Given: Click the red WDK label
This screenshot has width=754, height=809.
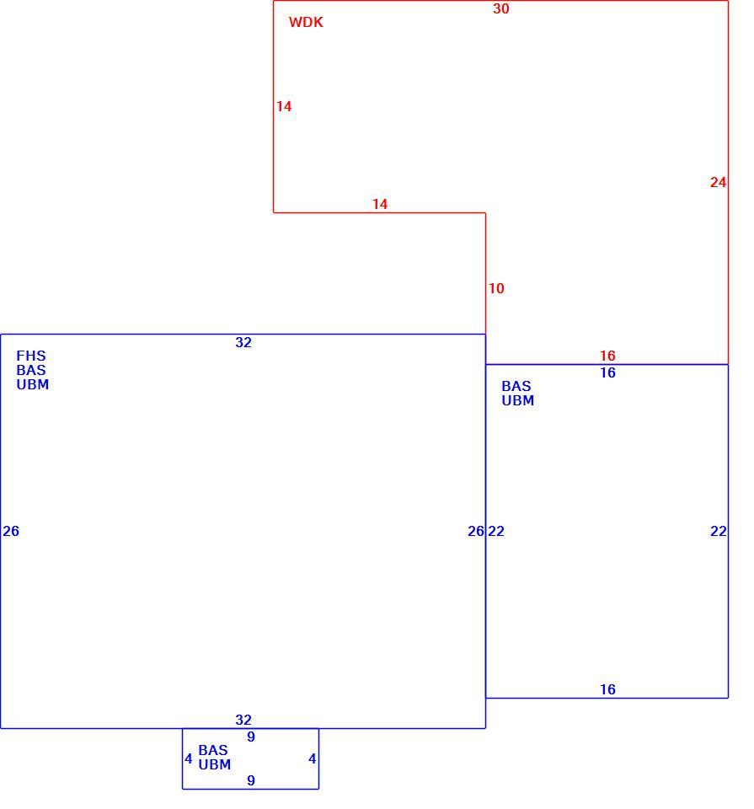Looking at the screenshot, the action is (x=306, y=22).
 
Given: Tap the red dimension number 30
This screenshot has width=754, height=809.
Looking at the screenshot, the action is (x=500, y=8).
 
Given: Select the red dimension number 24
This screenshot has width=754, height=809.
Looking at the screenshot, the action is (x=718, y=182).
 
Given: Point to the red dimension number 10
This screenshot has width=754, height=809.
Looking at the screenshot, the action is (x=496, y=288).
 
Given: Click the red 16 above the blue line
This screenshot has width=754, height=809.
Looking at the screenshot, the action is (x=607, y=356).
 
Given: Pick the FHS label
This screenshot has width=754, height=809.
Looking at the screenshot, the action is (x=31, y=356).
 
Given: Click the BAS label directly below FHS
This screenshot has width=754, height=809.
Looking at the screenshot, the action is (x=31, y=370).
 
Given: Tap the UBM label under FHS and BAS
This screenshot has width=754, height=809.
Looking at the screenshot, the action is (x=33, y=384).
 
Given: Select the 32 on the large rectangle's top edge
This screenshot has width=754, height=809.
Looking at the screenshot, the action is (x=243, y=342).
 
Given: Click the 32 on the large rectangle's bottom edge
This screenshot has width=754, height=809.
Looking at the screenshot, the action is (x=243, y=720).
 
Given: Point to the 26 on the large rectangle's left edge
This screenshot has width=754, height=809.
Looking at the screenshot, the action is (x=11, y=531).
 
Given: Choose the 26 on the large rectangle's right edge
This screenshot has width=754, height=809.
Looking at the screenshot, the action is (x=475, y=531).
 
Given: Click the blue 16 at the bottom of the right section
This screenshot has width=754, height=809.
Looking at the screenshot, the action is (x=607, y=689).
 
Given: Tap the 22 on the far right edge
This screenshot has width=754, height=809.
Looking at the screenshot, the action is (x=719, y=531).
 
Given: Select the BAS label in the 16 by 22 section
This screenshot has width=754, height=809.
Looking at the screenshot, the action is (x=516, y=386).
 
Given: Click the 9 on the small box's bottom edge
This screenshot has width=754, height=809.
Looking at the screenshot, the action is (x=251, y=780).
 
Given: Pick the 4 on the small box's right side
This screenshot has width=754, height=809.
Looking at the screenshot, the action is (x=312, y=758).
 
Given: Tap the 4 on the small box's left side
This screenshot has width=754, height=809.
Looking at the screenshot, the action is (x=189, y=758).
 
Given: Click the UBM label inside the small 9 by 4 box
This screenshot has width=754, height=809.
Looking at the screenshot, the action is (x=215, y=764).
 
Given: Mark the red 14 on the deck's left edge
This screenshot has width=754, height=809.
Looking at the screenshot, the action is (x=284, y=106).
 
